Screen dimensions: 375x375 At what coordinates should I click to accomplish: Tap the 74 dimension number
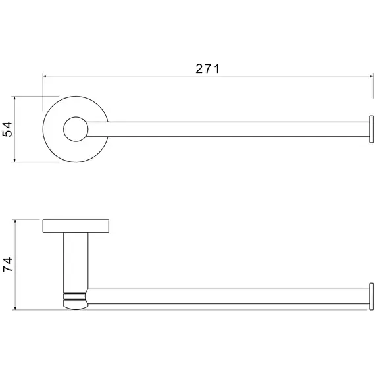pos(8,264)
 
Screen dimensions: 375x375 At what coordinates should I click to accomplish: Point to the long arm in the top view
pos(230,130)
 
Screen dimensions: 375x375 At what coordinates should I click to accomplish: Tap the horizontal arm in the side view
pos(230,295)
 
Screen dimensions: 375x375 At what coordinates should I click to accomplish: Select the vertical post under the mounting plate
pos(76,260)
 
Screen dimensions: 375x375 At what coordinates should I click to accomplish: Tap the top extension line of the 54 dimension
pos(30,97)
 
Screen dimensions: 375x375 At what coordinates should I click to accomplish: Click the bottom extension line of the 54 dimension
pos(30,162)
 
